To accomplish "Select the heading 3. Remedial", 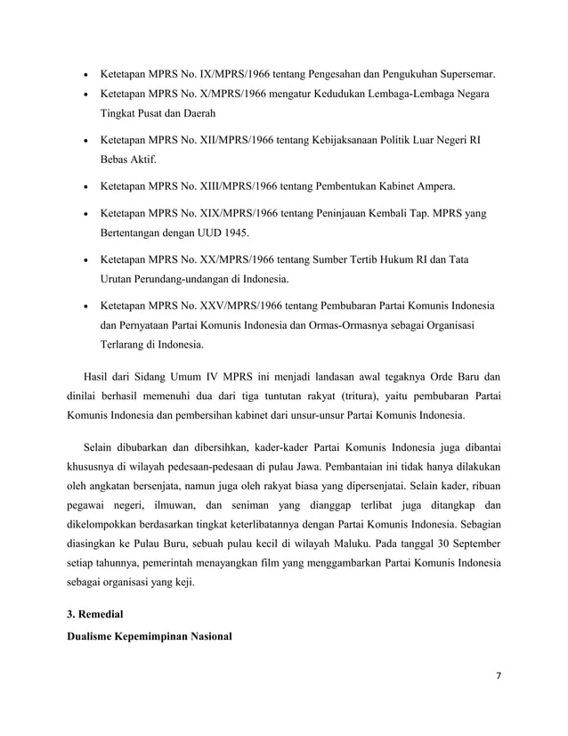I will (x=92, y=616).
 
